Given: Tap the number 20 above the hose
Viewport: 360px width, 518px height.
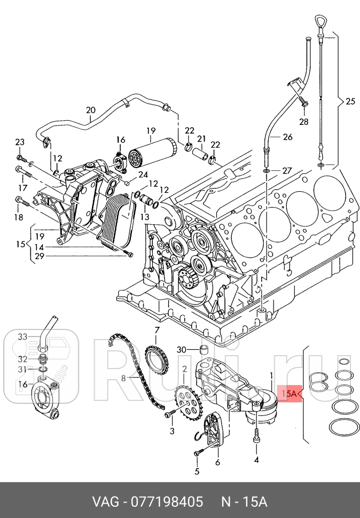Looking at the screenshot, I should [x=90, y=111].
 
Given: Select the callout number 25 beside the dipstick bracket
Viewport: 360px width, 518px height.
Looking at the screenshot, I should [x=350, y=101].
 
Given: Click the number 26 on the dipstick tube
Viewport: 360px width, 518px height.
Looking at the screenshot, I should [x=287, y=137].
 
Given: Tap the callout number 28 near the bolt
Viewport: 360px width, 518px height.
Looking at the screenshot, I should [x=303, y=122].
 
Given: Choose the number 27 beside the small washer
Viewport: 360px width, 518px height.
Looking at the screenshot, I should [x=287, y=171].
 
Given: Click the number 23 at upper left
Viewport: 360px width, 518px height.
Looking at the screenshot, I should [x=20, y=142].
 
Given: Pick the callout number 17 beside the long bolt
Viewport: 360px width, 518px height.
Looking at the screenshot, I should [x=22, y=188].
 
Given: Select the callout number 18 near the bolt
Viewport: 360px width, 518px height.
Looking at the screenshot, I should [x=19, y=217].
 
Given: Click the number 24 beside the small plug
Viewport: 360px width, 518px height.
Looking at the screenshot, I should [x=143, y=174].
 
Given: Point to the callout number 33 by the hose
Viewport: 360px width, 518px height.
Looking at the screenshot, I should [x=22, y=336].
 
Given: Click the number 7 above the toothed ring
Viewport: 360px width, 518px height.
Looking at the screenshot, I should [x=157, y=329].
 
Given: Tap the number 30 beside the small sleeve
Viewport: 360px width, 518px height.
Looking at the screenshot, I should [x=182, y=350].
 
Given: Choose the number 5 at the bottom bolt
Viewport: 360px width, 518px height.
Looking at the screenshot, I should [x=196, y=471].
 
